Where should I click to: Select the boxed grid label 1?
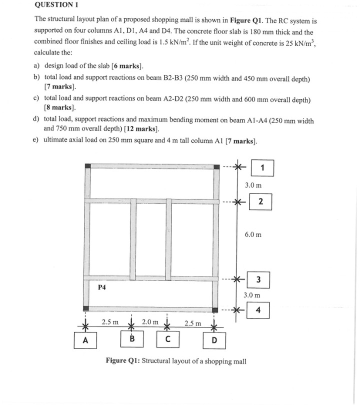[262, 167]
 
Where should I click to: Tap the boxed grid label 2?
[260, 201]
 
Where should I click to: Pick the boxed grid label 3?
[258, 279]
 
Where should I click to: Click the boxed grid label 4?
[258, 310]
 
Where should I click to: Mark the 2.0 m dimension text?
[150, 322]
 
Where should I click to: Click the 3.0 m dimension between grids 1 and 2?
[253, 185]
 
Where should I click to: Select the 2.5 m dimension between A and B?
[110, 322]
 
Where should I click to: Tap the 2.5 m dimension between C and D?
[193, 322]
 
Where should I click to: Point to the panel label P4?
[102, 287]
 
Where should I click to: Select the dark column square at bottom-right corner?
[216, 310]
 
